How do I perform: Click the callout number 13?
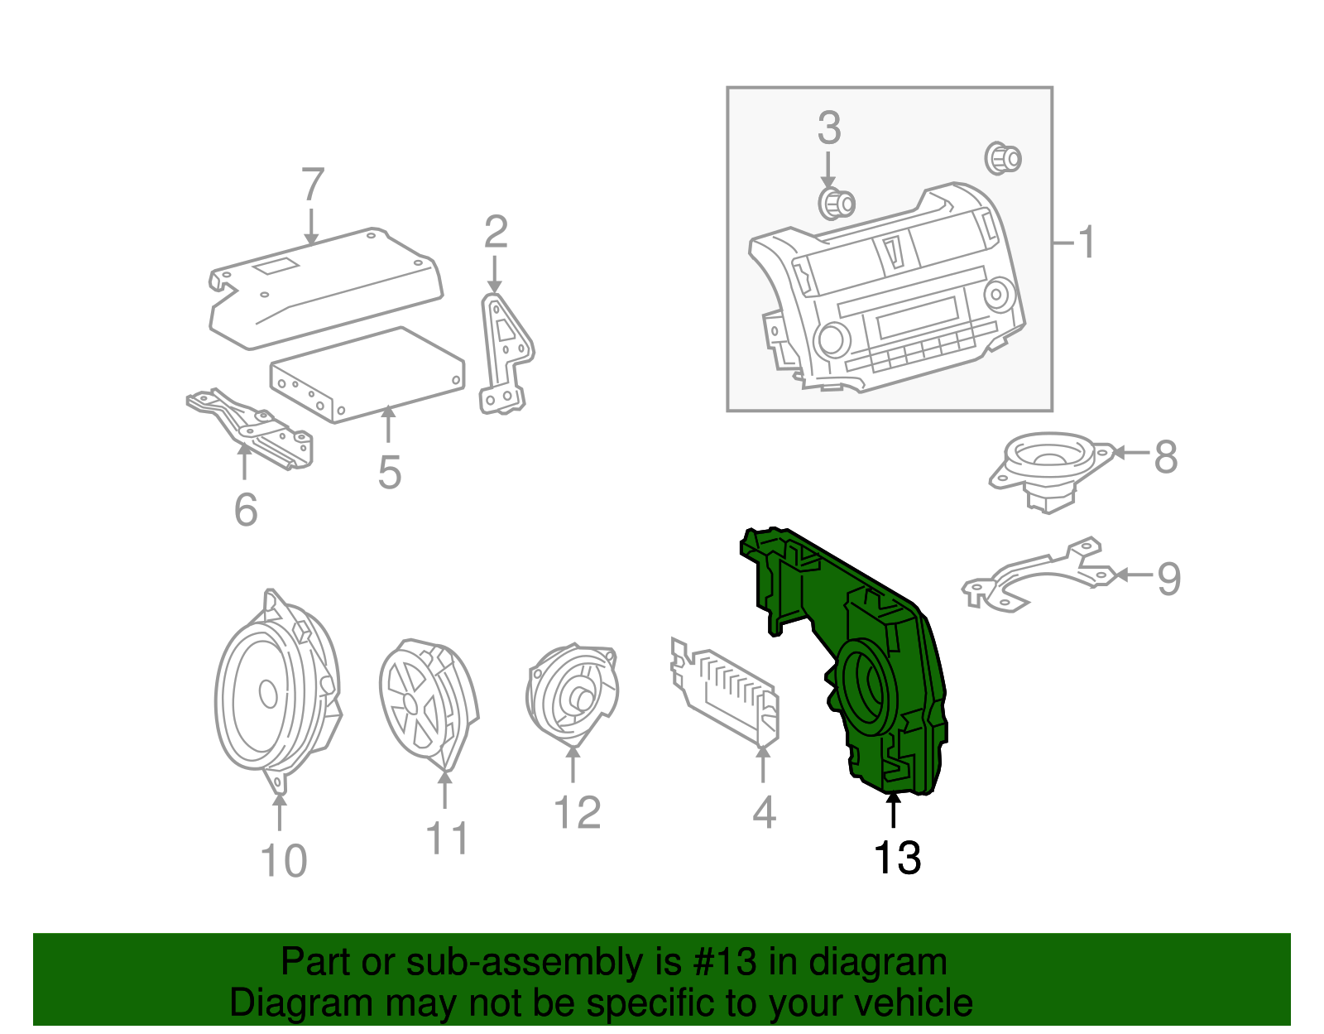(897, 858)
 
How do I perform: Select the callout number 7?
(312, 185)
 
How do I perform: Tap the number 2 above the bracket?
(495, 233)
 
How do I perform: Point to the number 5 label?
(389, 473)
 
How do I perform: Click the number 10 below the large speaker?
(283, 861)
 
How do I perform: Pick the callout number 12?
(577, 813)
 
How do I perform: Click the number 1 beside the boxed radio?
(1087, 243)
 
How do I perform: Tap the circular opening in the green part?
(865, 685)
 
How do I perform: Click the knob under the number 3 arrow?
(836, 203)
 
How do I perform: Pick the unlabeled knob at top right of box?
(1003, 157)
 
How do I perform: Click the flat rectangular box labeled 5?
(368, 374)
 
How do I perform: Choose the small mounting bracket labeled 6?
(252, 426)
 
